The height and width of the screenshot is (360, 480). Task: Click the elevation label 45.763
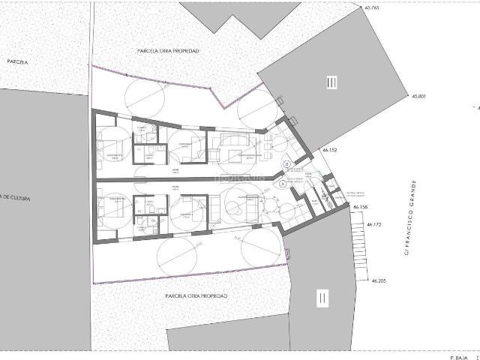tap(371, 7)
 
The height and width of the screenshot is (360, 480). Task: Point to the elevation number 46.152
tap(331, 150)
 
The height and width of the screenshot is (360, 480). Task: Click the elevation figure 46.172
tap(376, 223)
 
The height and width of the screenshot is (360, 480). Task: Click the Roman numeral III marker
tap(331, 82)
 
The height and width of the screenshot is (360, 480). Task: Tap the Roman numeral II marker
tap(322, 298)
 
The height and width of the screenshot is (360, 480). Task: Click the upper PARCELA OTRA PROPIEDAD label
tap(169, 50)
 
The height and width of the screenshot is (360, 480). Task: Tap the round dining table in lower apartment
tap(269, 204)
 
